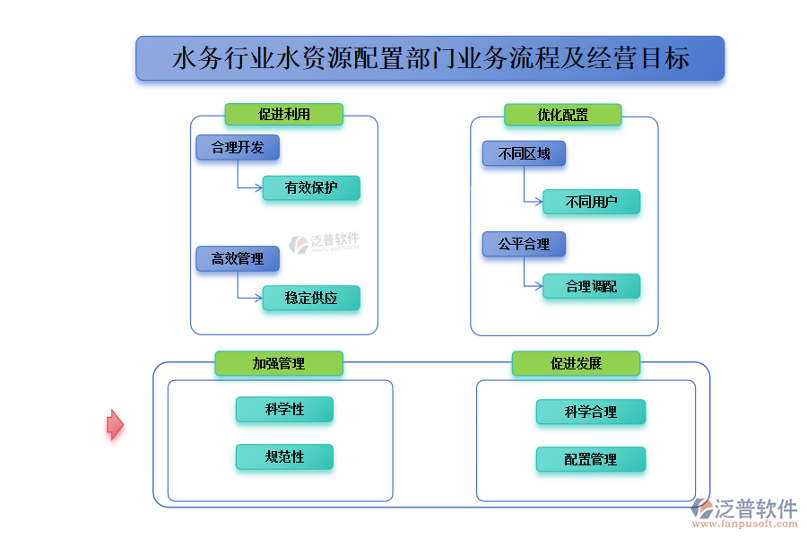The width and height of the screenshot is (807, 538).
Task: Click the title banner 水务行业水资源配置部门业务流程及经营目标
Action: [430, 58]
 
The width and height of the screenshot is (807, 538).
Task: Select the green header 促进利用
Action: [283, 114]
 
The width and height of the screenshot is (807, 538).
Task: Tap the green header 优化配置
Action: [562, 114]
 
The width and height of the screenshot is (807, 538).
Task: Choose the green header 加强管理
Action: [278, 363]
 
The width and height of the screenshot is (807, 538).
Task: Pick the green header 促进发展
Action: [576, 363]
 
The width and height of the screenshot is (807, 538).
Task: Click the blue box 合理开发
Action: [238, 147]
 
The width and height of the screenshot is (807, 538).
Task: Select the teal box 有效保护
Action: [311, 187]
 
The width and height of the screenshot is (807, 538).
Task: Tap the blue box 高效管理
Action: [238, 258]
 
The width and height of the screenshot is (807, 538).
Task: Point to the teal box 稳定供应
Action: [311, 298]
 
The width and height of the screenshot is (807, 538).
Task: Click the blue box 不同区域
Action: [524, 153]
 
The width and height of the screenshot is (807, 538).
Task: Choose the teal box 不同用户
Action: [591, 202]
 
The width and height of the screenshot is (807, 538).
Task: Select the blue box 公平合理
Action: [524, 243]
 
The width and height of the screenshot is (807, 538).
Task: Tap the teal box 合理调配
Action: [591, 286]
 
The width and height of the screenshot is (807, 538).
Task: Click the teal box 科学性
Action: [284, 409]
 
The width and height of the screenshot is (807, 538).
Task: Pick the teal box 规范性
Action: [284, 456]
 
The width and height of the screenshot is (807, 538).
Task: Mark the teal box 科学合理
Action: [590, 412]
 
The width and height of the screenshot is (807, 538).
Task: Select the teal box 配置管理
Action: [590, 459]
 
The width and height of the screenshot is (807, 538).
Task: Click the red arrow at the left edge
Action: [115, 424]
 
